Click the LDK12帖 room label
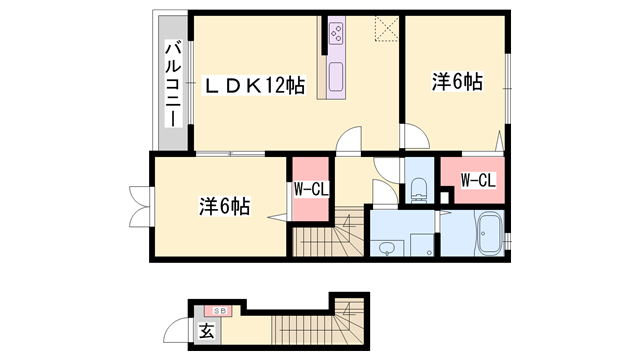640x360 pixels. [x=255, y=86]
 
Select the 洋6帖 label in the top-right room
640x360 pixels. [x=457, y=83]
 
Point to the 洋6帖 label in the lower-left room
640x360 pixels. [x=222, y=207]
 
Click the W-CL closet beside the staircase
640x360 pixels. [x=310, y=189]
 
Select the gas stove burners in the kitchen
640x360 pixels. [x=334, y=37]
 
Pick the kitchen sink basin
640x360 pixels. [x=334, y=76]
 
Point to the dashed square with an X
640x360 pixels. [x=387, y=29]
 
